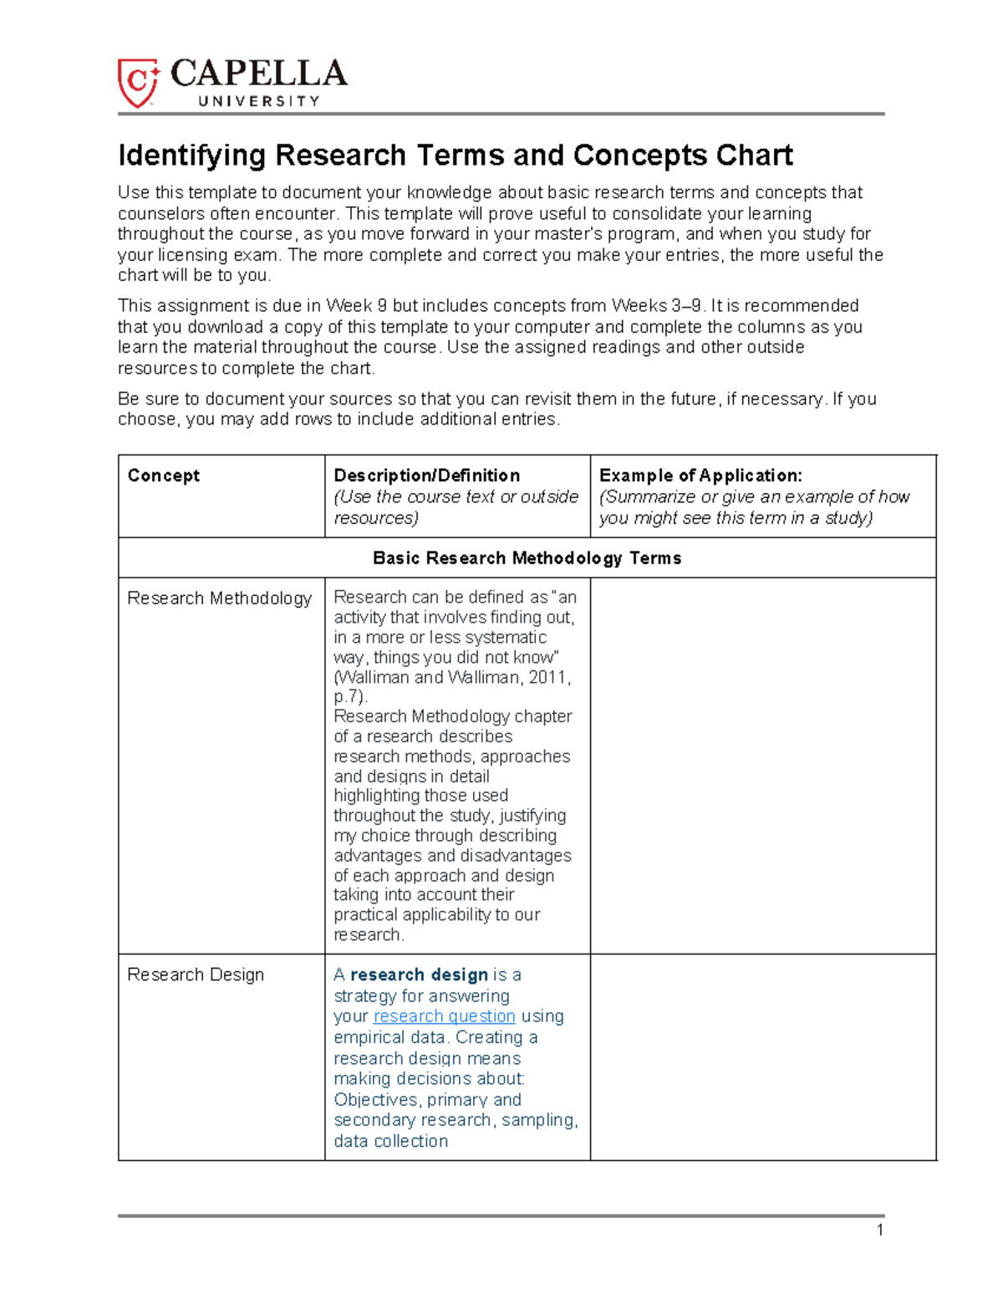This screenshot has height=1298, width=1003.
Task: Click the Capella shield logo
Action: [138, 83]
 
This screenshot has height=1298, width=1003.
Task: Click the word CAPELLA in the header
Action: [258, 74]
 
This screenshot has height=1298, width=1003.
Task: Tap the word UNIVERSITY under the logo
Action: [258, 101]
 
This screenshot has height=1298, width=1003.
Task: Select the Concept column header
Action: [163, 476]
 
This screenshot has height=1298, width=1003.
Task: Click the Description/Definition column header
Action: [426, 476]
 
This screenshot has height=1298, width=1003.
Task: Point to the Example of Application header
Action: [700, 476]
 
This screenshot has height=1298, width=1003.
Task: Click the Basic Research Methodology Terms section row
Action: [527, 557]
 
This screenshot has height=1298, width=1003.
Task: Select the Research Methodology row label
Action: [219, 598]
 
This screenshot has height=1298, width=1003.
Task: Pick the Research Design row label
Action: [196, 975]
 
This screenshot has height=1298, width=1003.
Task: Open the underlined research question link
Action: [444, 1016]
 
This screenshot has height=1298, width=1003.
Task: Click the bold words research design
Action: [419, 975]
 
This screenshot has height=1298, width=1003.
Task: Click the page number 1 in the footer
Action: [880, 1229]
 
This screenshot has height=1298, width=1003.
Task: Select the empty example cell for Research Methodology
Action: [762, 765]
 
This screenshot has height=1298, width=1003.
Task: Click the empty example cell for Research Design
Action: [762, 1056]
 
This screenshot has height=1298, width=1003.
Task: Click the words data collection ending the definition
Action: [390, 1142]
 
